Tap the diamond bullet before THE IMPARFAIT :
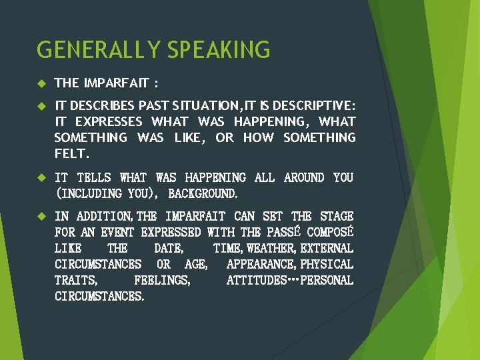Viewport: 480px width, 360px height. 41,83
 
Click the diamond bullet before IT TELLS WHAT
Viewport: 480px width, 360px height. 41,178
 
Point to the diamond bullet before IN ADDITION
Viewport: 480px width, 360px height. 41,217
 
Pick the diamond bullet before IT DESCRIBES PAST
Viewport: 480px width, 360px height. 41,106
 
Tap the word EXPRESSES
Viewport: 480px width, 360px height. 109,122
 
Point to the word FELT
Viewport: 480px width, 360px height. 71,154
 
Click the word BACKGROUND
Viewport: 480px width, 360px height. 203,194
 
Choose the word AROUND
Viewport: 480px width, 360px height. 303,178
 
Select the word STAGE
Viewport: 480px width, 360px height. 337,217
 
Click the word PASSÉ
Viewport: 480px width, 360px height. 285,233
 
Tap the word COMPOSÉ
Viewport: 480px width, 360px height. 329,233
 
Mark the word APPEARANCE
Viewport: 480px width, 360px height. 261,265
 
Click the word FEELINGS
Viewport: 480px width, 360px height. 162,281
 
